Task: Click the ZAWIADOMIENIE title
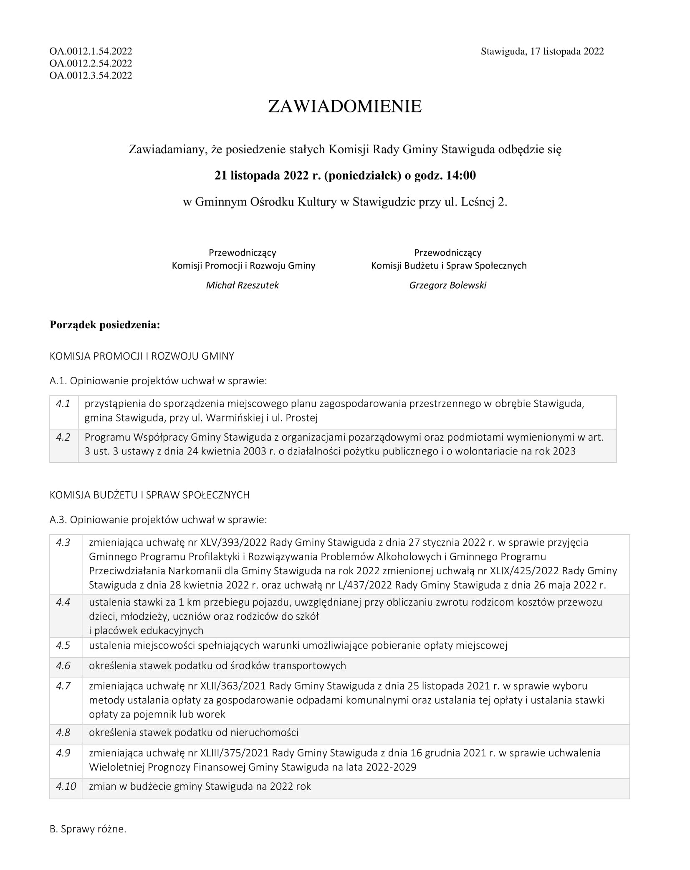point(344,107)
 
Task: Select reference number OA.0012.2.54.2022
point(91,63)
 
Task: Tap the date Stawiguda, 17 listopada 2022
point(542,51)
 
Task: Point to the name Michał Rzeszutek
point(242,285)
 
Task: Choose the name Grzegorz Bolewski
point(447,285)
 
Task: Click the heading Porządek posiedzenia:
point(105,325)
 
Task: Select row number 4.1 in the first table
point(63,403)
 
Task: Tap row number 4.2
point(63,437)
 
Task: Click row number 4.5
point(63,645)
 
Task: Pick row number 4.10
point(66,786)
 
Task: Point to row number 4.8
point(63,732)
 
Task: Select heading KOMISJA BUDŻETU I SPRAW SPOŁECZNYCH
point(149,495)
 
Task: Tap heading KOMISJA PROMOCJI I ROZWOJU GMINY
point(142,356)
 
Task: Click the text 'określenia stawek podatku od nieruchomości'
point(194,732)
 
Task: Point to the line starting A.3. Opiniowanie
point(158,520)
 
